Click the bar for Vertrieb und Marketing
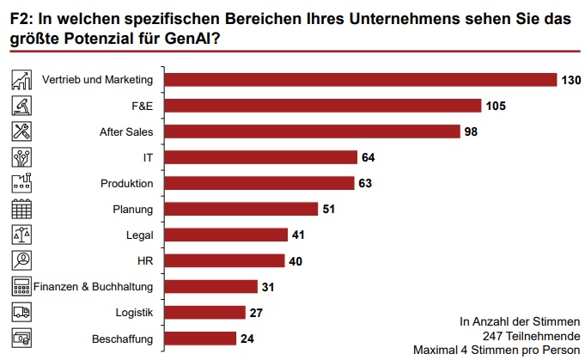pos(360,80)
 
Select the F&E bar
pos(321,106)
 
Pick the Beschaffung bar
pos(199,338)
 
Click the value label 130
pos(572,80)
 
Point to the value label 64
pos(369,157)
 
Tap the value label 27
pos(258,312)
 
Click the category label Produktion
pos(126,183)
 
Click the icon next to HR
pos(21,260)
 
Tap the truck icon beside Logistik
pos(21,312)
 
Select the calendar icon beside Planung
pos(21,209)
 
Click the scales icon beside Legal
pos(21,235)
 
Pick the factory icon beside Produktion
pos(21,183)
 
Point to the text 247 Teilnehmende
pos(532,335)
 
